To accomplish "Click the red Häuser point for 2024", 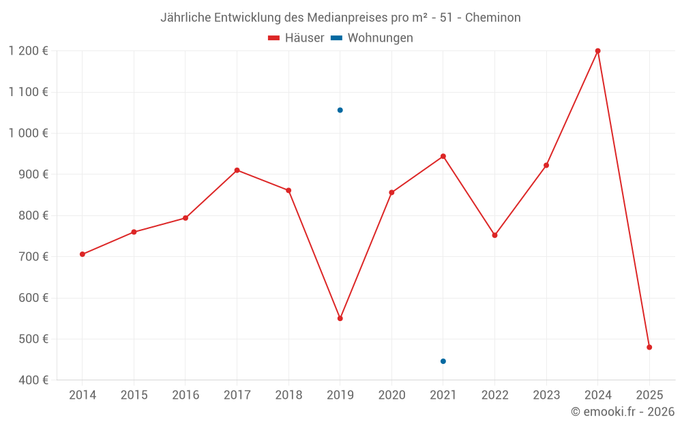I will click(597, 51).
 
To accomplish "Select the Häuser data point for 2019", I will click(340, 318).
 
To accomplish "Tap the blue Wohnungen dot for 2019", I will click(340, 110).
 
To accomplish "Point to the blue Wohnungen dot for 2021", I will click(443, 361).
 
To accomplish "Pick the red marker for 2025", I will click(649, 348).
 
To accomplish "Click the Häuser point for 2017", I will click(237, 170).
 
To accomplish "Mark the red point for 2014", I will click(83, 254).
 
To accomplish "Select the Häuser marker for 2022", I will click(494, 235).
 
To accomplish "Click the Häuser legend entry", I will click(296, 38).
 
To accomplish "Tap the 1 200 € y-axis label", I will click(28, 51).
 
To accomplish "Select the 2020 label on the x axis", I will click(391, 395).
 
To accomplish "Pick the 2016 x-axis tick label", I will click(186, 395).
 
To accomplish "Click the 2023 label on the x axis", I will click(546, 395).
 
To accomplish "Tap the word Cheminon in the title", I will click(493, 18).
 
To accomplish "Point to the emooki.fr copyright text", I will click(622, 412).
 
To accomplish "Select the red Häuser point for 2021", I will click(443, 156).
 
